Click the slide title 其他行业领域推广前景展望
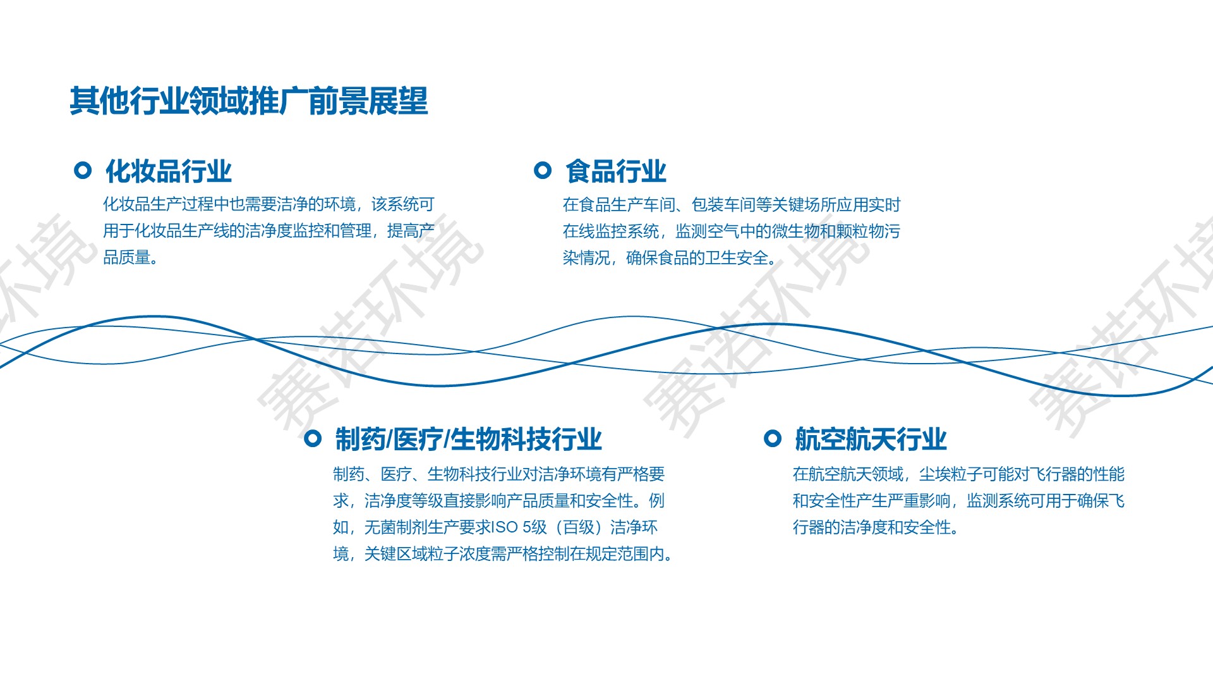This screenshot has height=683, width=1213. pos(249,101)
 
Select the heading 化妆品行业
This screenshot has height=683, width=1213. pos(169,171)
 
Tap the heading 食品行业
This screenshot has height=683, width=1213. pos(616,171)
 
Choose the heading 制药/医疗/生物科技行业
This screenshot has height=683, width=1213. pos(468,440)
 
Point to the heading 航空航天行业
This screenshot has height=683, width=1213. pos(871,440)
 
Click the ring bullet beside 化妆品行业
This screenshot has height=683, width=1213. pos(83,170)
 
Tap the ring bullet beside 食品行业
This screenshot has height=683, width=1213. pos(543,170)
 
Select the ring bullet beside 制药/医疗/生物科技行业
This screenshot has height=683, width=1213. pos(313,438)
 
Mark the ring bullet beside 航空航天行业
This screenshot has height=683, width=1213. pos(773,438)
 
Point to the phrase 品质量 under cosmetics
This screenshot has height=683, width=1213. pos(126,258)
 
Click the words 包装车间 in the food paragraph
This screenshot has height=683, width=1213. pos(723,205)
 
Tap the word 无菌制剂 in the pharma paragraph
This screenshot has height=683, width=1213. pos(396,527)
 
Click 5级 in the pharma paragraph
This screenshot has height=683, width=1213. pos(534,527)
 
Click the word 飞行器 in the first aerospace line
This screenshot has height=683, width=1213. pos(1053,474)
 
